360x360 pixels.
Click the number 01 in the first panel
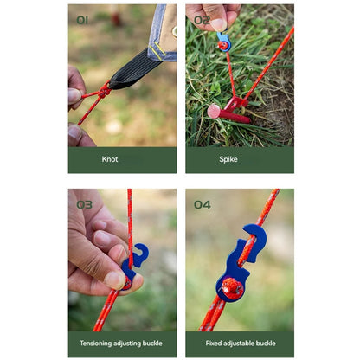point(82,20)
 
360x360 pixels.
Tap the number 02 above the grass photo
point(201,20)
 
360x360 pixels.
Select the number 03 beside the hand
point(84,204)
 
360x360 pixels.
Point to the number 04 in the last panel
point(202,204)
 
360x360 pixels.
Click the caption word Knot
point(110,159)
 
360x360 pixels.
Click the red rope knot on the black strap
point(103,90)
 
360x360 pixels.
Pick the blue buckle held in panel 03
point(133,264)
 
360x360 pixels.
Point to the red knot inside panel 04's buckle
point(232,286)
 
